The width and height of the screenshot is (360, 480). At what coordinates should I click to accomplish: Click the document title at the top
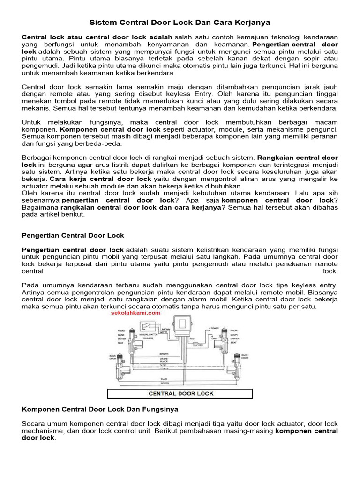pyautogui.click(x=180, y=22)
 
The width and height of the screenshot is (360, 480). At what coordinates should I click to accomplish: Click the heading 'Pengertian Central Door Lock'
pyautogui.click(x=73, y=235)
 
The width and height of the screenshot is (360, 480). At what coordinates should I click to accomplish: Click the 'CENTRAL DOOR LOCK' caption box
pyautogui.click(x=180, y=393)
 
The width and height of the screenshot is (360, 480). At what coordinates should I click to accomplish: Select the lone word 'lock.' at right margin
pyautogui.click(x=330, y=271)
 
